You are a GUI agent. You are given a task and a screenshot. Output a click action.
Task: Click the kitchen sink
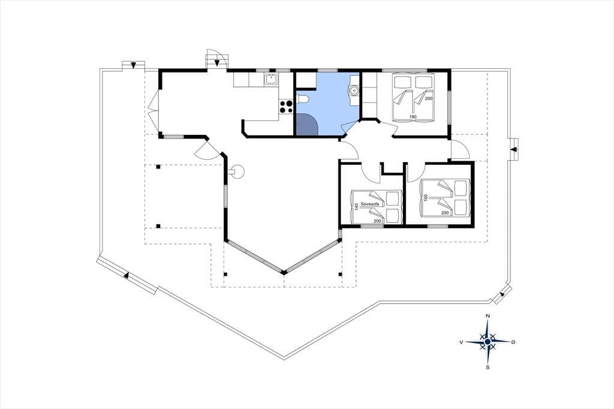(270, 80)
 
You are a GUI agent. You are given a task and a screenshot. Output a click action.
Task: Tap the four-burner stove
(286, 107)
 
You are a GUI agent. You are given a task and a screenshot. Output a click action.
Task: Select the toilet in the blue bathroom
(303, 100)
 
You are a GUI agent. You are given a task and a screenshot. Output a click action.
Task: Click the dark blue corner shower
(306, 124)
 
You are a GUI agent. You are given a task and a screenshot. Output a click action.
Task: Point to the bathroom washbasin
(354, 91)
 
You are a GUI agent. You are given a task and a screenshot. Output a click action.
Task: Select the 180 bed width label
(413, 116)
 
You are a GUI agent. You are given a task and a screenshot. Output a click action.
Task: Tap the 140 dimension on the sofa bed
(356, 206)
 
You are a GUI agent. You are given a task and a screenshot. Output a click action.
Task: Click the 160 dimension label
(425, 198)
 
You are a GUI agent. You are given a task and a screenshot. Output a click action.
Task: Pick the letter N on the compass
(487, 316)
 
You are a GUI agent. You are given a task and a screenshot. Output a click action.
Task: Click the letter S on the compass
(487, 367)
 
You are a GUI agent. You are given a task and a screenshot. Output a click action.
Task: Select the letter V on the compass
(462, 342)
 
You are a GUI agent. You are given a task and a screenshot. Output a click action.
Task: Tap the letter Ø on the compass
(513, 342)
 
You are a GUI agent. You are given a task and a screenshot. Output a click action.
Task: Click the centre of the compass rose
(487, 342)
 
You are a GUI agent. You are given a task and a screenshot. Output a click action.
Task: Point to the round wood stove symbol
(237, 171)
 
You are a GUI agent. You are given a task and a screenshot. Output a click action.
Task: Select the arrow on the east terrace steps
(514, 150)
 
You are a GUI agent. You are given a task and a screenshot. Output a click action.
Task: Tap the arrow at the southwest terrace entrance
(126, 275)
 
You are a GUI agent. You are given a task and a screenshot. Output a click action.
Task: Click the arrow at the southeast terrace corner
(502, 294)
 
